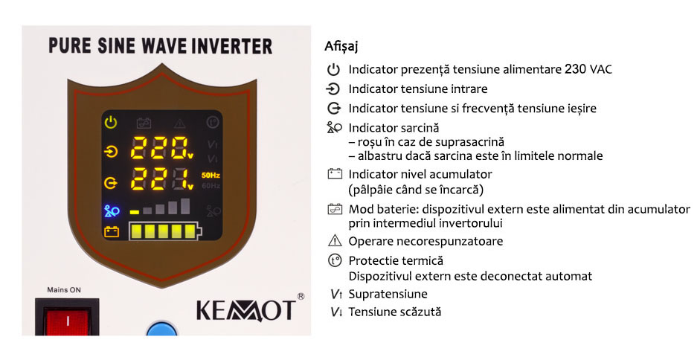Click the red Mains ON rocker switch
(67, 320)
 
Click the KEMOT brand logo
(245, 310)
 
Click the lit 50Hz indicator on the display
(211, 175)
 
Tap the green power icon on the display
(111, 122)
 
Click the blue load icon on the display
(112, 210)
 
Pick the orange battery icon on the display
(112, 231)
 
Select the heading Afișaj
(341, 46)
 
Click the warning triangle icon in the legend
(334, 241)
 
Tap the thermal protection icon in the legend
(334, 260)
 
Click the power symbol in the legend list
(333, 70)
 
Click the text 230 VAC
(588, 69)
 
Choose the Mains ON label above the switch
(64, 290)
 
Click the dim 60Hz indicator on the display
(211, 185)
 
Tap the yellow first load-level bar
(135, 212)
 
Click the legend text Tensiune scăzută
(395, 312)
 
